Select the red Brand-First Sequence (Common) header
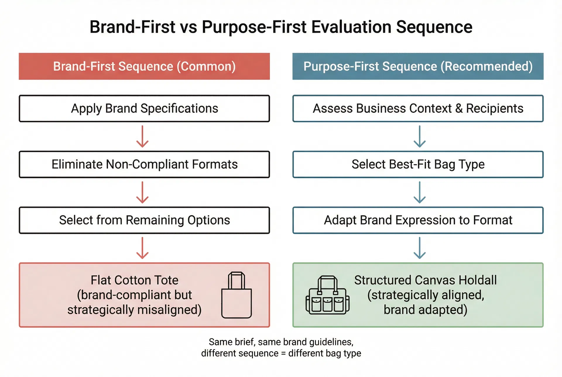point(144,66)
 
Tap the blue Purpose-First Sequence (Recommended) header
point(418,66)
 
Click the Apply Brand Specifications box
point(144,109)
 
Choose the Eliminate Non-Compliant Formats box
point(144,164)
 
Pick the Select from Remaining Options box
point(144,220)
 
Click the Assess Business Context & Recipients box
point(418,109)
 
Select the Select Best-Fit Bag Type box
point(418,164)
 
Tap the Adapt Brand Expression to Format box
point(418,220)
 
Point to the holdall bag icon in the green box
point(328,296)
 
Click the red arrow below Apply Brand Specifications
point(143,137)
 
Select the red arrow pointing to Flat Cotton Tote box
point(143,248)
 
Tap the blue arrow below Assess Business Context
point(419,137)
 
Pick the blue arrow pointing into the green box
point(419,248)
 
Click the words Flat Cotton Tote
point(134,280)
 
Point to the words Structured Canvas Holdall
point(425,280)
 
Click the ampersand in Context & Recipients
point(459,109)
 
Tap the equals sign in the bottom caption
point(283,354)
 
